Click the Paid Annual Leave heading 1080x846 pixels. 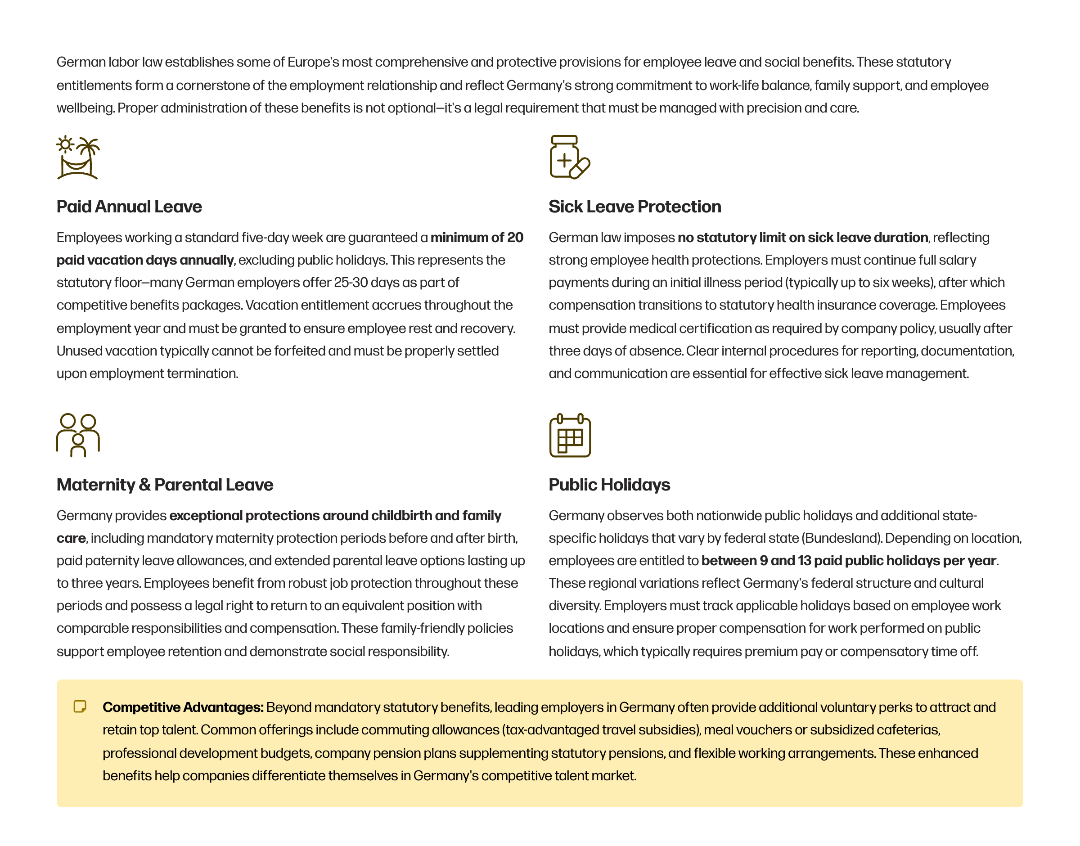pyautogui.click(x=129, y=207)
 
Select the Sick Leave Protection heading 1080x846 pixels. pyautogui.click(x=634, y=207)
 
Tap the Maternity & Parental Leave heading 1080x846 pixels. pyautogui.click(x=164, y=484)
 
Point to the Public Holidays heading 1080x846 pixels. pyautogui.click(x=609, y=484)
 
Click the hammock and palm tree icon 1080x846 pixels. pyautogui.click(x=78, y=157)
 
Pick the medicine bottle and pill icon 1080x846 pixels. pyautogui.click(x=569, y=157)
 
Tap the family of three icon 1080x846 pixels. pyautogui.click(x=78, y=435)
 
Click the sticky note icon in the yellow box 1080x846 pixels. pyautogui.click(x=80, y=706)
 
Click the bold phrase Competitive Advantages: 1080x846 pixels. pyautogui.click(x=183, y=707)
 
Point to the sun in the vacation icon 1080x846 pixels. pyautogui.click(x=65, y=144)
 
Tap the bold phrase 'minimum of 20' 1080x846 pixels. pyautogui.click(x=477, y=238)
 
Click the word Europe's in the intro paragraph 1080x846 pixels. pyautogui.click(x=313, y=63)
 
